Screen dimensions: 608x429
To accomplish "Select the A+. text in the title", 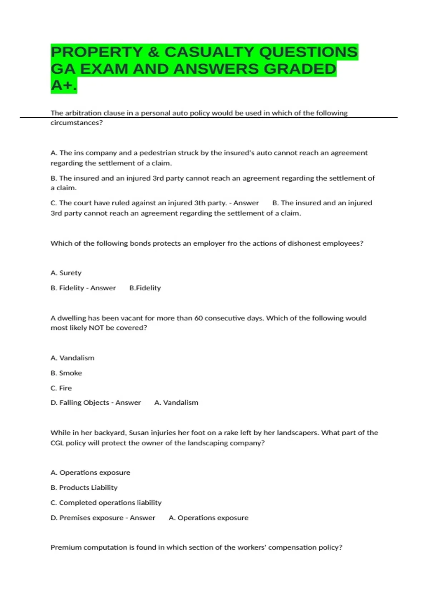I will pos(64,85).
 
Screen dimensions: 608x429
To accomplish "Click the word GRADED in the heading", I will pos(300,69).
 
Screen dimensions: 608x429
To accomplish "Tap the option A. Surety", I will pos(66,273).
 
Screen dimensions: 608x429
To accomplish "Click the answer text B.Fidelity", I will pos(145,288).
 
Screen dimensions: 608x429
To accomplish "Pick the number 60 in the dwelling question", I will pos(198,318).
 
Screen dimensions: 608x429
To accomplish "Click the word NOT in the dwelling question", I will pos(96,328).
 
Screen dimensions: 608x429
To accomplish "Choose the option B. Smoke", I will pos(66,373).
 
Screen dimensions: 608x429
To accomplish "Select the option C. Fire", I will pos(61,388).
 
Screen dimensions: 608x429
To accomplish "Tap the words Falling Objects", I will pos(84,403).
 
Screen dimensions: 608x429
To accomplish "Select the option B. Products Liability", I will pos(84,488).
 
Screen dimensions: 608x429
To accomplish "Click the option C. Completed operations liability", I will pos(106,503).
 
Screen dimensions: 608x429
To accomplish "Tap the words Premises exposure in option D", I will pos(91,518).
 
